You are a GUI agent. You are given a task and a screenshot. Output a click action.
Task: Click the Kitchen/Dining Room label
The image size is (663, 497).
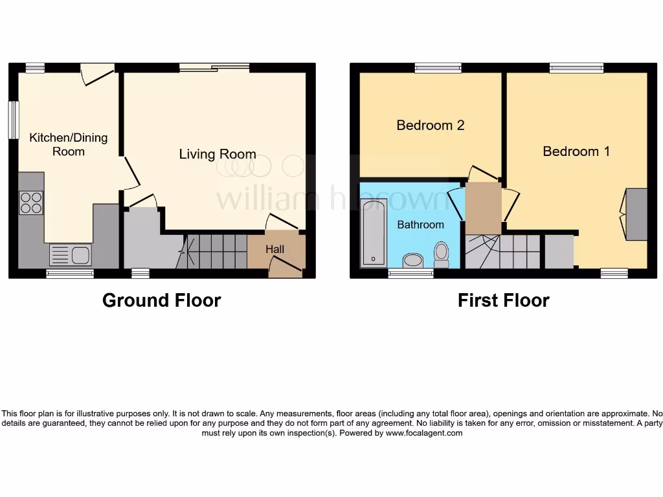(x=68, y=144)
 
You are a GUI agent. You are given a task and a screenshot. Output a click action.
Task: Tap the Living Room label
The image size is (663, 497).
(x=218, y=154)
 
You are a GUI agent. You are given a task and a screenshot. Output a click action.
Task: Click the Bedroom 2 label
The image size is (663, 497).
(x=431, y=125)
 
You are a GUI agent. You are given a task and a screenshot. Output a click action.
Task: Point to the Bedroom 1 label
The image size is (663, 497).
(x=576, y=151)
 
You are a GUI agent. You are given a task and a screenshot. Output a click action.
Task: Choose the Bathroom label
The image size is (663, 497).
(x=420, y=225)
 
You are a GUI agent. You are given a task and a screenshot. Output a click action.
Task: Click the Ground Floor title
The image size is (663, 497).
(x=161, y=300)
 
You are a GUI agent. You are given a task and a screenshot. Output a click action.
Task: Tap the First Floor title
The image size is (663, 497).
(x=503, y=300)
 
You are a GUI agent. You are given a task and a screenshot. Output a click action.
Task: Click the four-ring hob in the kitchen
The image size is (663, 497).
(x=31, y=203)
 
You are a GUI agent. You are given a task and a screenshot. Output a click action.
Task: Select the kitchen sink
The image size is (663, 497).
(x=71, y=255)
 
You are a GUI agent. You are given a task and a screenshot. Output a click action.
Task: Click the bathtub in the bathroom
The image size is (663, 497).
(x=372, y=233)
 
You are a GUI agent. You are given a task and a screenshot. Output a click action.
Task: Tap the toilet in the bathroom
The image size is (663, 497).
(x=442, y=254)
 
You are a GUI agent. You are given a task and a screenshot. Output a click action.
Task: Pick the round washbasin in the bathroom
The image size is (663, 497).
(x=412, y=261)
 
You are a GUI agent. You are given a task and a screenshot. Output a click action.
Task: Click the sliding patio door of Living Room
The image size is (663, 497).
(x=214, y=67)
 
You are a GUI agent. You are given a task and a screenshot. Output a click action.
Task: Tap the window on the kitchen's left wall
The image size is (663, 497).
(x=13, y=119)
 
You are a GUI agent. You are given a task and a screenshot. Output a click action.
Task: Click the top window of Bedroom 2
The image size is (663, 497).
(x=438, y=67)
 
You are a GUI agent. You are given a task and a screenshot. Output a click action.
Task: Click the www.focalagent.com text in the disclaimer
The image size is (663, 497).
(x=424, y=433)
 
